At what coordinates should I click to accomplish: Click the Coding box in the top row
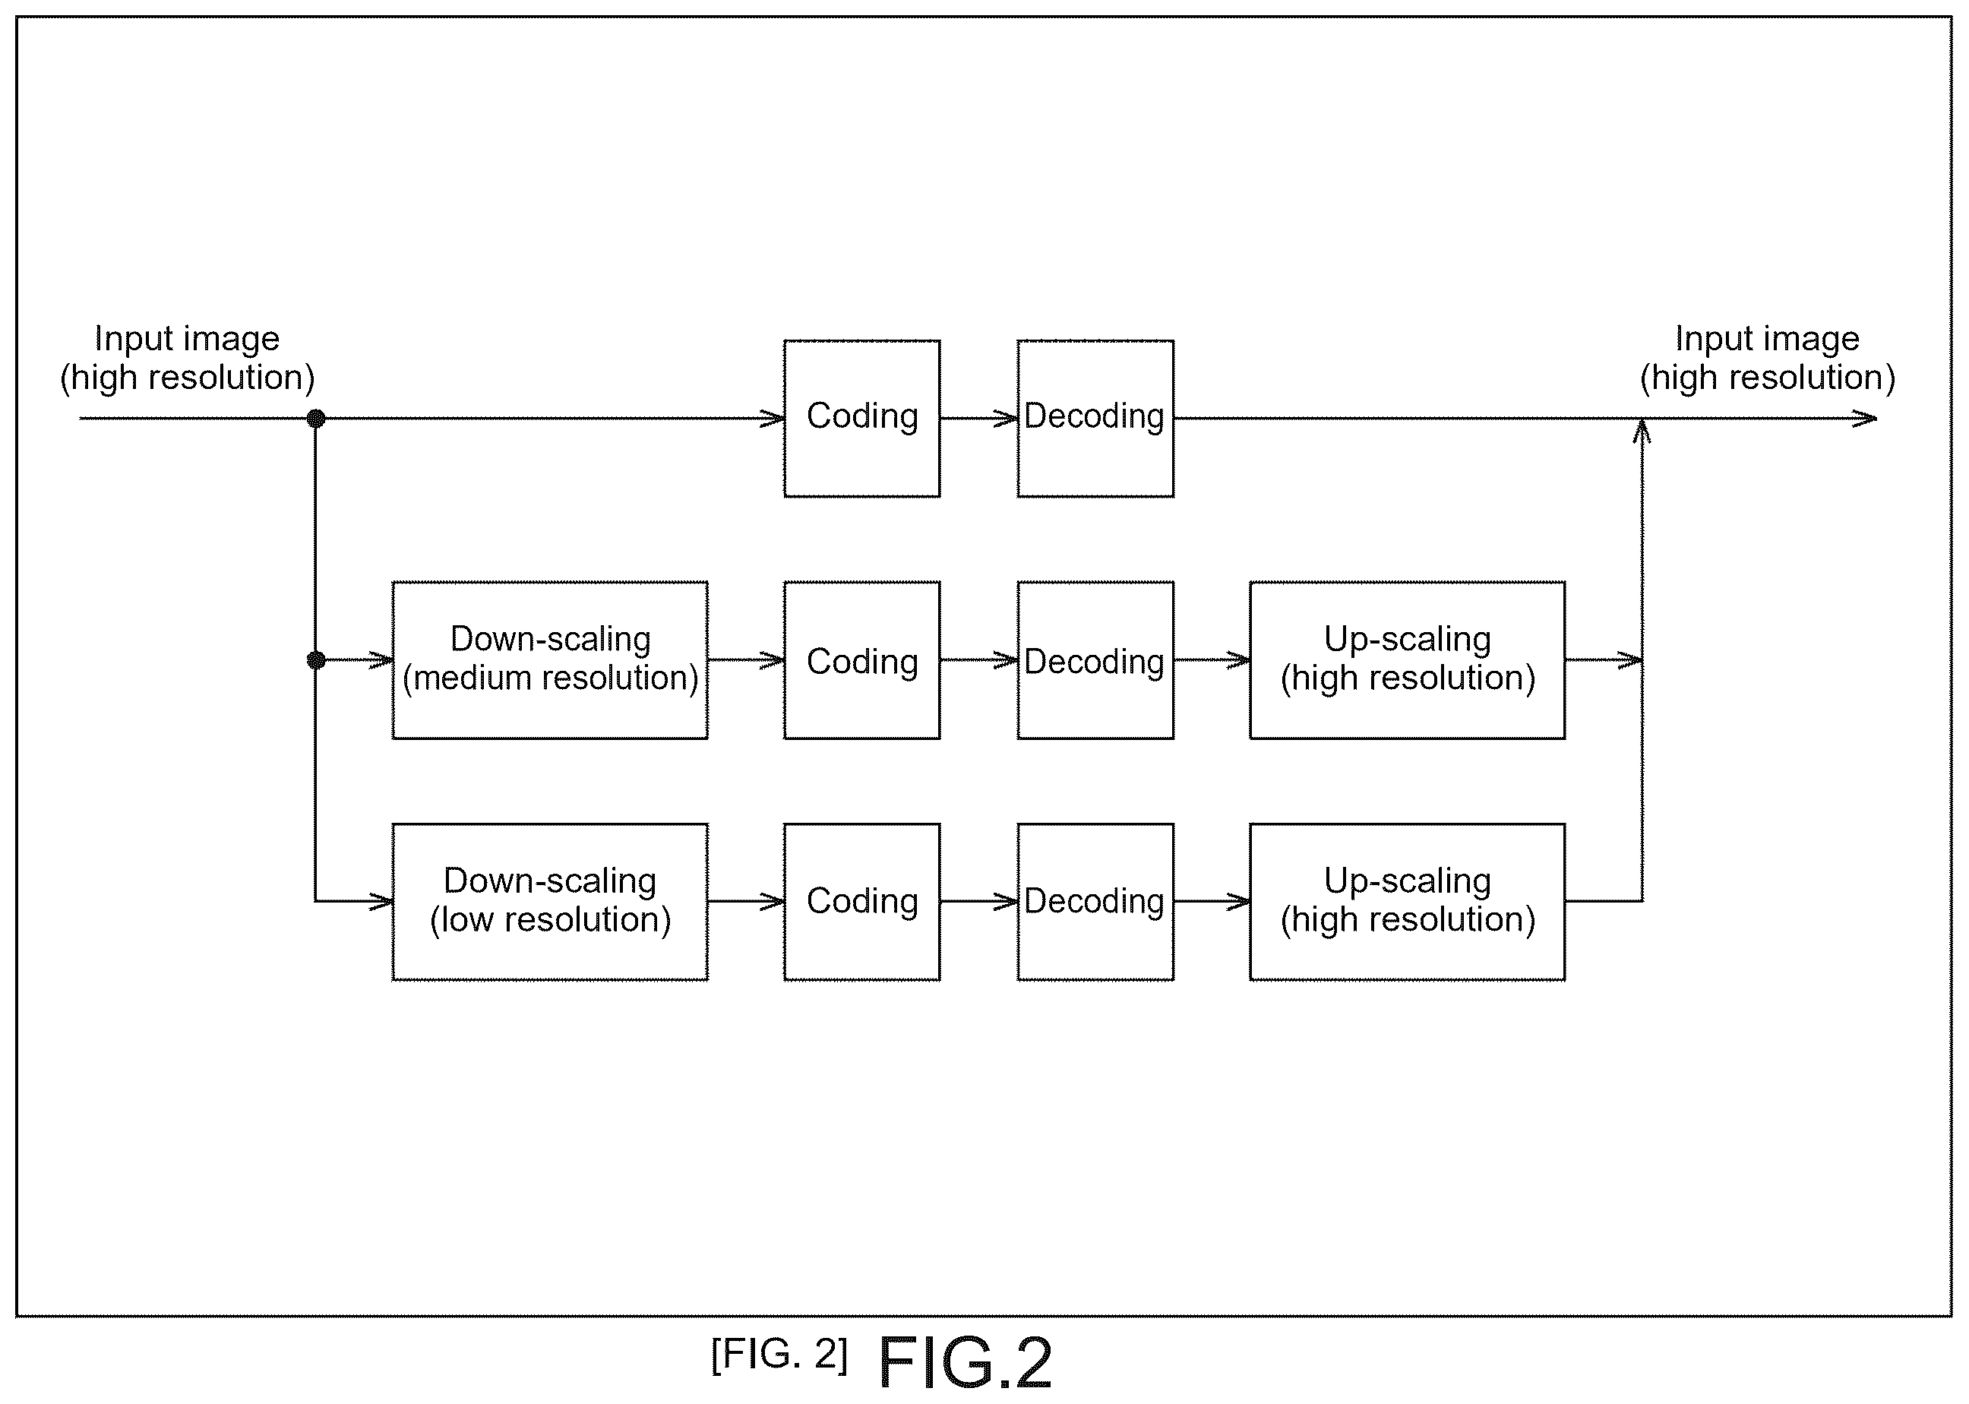point(861,419)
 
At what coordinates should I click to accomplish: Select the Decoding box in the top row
point(1095,419)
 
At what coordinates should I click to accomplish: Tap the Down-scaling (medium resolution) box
point(550,659)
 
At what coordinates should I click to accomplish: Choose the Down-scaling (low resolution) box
point(550,902)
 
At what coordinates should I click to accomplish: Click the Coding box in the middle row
point(861,659)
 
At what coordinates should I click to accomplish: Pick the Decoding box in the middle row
point(1095,659)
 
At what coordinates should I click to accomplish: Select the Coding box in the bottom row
point(861,902)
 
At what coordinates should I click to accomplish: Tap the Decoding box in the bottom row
point(1095,902)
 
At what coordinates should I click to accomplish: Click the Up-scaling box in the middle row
point(1407,659)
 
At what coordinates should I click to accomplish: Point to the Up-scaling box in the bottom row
point(1407,902)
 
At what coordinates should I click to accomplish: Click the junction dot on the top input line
point(315,419)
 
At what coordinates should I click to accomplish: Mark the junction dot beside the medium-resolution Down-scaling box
point(315,660)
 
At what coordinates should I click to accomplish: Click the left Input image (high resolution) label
point(187,358)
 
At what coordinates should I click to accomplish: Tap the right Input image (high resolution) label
point(1768,358)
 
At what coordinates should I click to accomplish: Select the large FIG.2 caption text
point(965,1362)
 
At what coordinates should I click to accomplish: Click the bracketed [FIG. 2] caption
point(779,1354)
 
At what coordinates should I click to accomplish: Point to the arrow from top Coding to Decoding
point(979,419)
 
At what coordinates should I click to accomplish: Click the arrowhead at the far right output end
point(1865,419)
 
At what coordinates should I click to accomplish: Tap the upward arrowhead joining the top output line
point(1642,431)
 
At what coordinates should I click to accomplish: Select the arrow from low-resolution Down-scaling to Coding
point(746,902)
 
